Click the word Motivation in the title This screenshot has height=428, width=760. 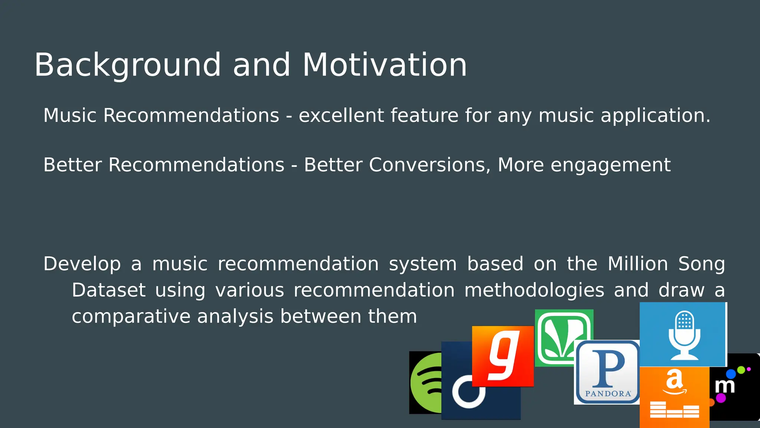(384, 65)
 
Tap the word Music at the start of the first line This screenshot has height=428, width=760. (70, 115)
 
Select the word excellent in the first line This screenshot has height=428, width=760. (341, 115)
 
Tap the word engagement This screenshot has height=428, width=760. (610, 165)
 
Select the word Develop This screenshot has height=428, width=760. (82, 264)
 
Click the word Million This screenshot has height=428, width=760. (638, 264)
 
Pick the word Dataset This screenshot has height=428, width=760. (108, 290)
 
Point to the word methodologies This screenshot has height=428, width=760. (534, 290)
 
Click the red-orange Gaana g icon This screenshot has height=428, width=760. (502, 356)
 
